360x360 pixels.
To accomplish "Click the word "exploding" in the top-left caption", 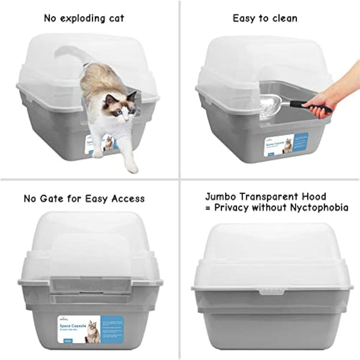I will tap(83, 18).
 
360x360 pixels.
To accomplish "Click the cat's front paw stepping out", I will tap(131, 167).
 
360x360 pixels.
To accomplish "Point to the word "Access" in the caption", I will tap(127, 198).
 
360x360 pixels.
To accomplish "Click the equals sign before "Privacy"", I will tap(208, 208).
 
